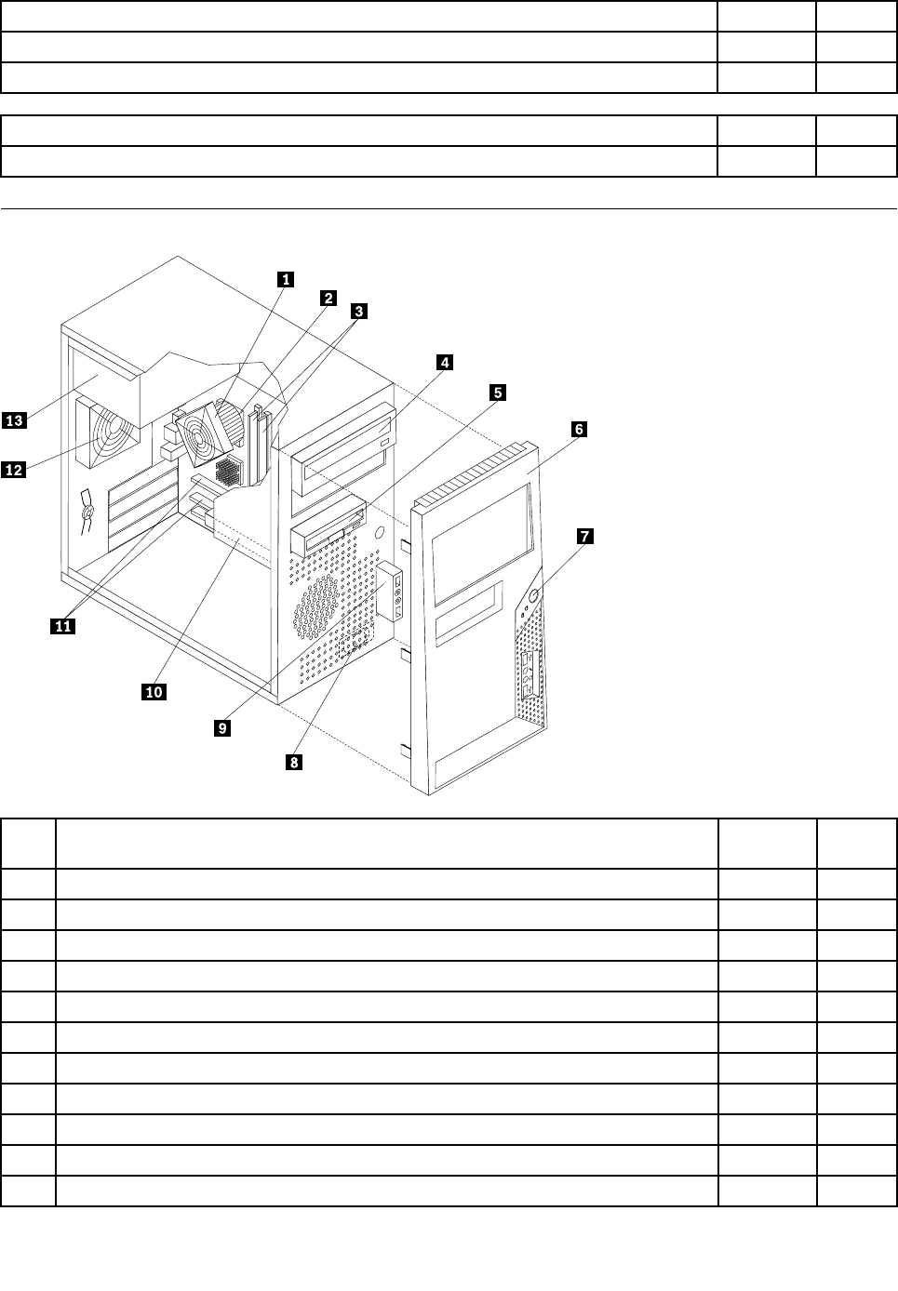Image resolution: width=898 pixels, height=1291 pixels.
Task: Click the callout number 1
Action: tap(287, 278)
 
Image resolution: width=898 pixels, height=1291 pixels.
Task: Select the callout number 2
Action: tap(328, 298)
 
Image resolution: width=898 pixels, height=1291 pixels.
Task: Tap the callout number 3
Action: tap(358, 312)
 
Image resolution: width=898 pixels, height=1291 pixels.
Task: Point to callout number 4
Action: tap(445, 362)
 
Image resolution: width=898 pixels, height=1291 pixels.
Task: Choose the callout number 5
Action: tap(499, 393)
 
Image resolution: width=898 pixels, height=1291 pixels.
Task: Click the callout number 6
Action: tap(578, 429)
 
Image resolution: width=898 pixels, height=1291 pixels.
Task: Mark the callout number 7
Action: tap(583, 536)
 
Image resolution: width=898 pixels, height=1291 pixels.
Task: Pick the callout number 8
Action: tap(293, 762)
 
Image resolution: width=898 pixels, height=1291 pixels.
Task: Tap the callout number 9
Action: tap(221, 728)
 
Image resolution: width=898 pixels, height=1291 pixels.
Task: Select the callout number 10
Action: tap(154, 691)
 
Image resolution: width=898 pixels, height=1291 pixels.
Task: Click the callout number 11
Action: tap(62, 626)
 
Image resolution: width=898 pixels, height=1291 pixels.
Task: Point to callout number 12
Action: tap(14, 471)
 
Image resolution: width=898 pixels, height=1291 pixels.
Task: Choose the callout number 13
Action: tap(14, 421)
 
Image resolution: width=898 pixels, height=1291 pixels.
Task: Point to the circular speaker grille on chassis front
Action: tap(317, 606)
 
